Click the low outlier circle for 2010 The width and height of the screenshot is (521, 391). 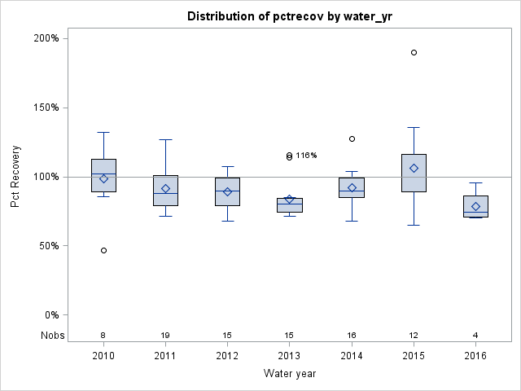tap(103, 250)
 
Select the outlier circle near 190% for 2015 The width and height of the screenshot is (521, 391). tap(414, 52)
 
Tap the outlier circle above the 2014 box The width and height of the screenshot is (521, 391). tap(352, 138)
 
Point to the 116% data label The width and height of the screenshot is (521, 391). tap(306, 156)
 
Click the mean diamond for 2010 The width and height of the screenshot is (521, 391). tap(103, 178)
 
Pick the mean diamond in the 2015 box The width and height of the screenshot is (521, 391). tap(414, 168)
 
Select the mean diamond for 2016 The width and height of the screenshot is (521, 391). tap(475, 206)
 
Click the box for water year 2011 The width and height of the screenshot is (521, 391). tap(165, 191)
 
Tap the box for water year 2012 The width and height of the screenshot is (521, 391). tap(227, 191)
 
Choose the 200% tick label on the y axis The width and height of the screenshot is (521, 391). tap(46, 38)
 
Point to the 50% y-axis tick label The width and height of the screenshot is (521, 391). tap(48, 246)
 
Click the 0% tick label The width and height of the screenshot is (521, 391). tap(50, 315)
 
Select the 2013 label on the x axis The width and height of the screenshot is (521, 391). tap(289, 356)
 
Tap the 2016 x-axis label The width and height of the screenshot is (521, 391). tap(475, 356)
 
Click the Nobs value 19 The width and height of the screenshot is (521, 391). tap(165, 336)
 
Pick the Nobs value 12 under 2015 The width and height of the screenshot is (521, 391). tap(414, 336)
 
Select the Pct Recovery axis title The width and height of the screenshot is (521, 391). tap(15, 176)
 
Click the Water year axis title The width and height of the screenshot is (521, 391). tap(289, 374)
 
